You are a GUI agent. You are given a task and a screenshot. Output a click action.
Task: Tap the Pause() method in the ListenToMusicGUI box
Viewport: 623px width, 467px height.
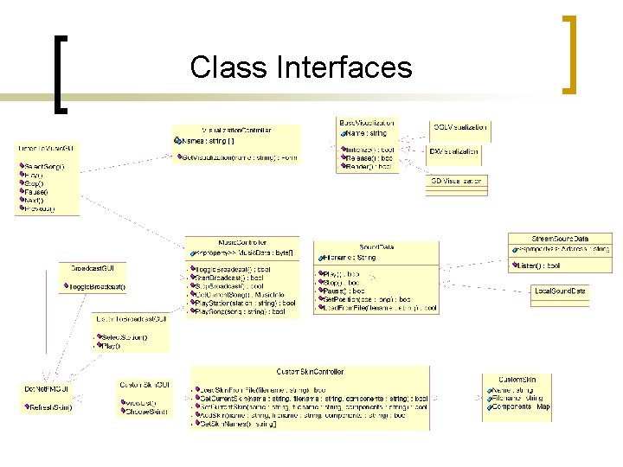(x=36, y=191)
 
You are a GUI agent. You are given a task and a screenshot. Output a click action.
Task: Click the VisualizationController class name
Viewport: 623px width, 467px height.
(x=236, y=130)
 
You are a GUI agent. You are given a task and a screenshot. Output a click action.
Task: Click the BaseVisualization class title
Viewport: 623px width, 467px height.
(x=366, y=122)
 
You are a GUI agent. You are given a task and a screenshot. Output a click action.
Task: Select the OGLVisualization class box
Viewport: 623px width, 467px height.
(x=459, y=127)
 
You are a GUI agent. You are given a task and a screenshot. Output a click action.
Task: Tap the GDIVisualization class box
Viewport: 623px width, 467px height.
(x=456, y=181)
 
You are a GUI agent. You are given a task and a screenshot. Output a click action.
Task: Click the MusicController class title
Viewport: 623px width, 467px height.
(x=242, y=243)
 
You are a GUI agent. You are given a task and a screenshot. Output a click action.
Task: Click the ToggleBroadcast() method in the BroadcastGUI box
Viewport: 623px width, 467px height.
(x=94, y=286)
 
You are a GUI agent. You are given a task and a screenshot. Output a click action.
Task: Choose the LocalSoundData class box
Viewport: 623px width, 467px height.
(x=561, y=292)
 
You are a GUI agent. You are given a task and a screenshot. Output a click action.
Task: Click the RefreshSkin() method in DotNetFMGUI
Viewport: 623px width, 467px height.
(x=49, y=406)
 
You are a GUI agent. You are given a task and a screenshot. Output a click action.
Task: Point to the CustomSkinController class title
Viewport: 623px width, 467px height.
(x=310, y=372)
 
